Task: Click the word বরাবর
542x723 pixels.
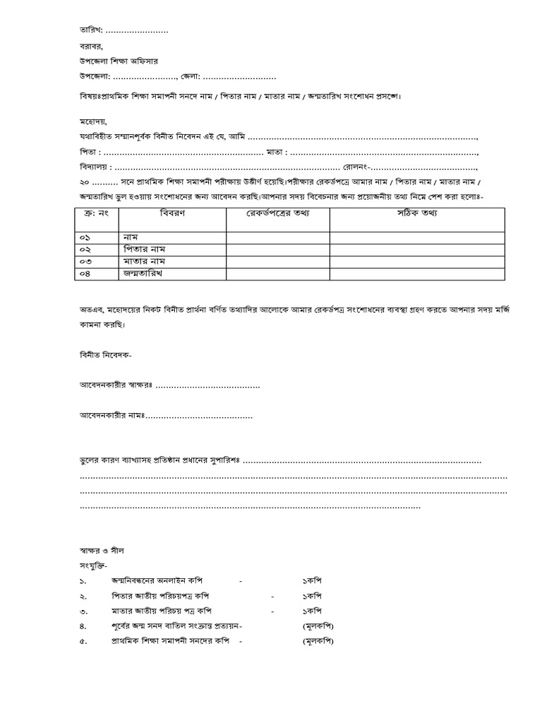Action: (x=91, y=47)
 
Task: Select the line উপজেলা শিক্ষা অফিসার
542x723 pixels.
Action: (x=119, y=61)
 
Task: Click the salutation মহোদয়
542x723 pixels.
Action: (x=93, y=121)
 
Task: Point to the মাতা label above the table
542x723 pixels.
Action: (x=277, y=152)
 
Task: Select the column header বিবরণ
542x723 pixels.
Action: (x=172, y=213)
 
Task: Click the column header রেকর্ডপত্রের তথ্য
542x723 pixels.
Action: (x=277, y=213)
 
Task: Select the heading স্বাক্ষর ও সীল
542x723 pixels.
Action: (x=102, y=549)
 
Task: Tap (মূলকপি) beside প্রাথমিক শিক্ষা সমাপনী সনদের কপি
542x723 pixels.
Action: (x=318, y=641)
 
